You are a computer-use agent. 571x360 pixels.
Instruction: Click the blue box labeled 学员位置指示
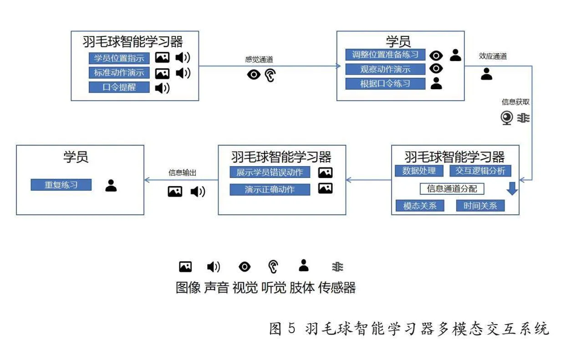click(x=119, y=58)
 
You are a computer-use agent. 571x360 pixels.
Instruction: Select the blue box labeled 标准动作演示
click(x=119, y=73)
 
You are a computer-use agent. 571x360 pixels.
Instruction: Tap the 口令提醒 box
click(x=119, y=87)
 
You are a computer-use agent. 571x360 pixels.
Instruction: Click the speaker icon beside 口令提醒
click(x=162, y=88)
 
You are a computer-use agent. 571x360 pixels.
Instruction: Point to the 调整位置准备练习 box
click(x=385, y=55)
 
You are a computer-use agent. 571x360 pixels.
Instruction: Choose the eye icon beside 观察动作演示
click(x=436, y=68)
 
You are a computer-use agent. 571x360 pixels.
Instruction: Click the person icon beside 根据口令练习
click(x=436, y=83)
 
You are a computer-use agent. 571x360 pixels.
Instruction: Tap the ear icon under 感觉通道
click(x=270, y=75)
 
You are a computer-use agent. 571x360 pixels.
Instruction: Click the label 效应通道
click(x=493, y=56)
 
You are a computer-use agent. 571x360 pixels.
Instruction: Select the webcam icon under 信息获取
click(x=507, y=118)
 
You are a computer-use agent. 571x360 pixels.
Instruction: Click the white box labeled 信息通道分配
click(x=452, y=189)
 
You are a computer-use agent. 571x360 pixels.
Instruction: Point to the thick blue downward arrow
click(x=512, y=188)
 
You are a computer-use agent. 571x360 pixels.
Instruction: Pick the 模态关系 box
click(x=420, y=206)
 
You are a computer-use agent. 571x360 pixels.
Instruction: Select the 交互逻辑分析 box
click(x=480, y=171)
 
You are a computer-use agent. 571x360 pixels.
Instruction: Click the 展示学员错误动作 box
click(x=270, y=172)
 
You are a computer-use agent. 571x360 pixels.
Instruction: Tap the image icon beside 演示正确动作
click(x=325, y=188)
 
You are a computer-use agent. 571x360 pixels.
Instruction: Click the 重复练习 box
click(x=61, y=185)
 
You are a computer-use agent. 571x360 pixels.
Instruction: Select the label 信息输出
click(x=182, y=173)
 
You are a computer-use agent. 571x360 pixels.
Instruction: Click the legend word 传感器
click(x=337, y=288)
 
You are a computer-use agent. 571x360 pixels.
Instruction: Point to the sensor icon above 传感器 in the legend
click(x=337, y=267)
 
